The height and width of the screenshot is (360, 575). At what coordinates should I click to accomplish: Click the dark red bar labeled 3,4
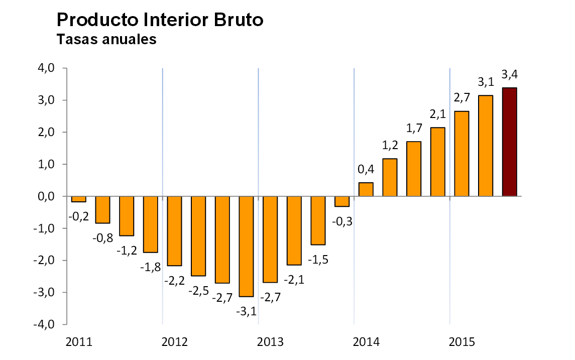[x=509, y=142]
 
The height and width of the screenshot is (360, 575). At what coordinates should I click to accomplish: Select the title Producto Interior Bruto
[x=160, y=20]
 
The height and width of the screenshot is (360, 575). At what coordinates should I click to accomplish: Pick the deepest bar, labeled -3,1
[x=246, y=246]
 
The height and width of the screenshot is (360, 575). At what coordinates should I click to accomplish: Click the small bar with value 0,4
[x=366, y=189]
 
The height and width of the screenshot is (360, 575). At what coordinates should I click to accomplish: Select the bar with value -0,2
[x=79, y=199]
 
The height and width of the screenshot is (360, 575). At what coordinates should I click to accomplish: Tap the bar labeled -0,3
[x=342, y=201]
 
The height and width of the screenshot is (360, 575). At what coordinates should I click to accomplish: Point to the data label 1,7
[x=414, y=129]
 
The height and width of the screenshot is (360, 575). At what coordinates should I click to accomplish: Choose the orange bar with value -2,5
[x=198, y=236]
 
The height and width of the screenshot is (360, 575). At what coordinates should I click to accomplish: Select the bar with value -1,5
[x=318, y=220]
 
